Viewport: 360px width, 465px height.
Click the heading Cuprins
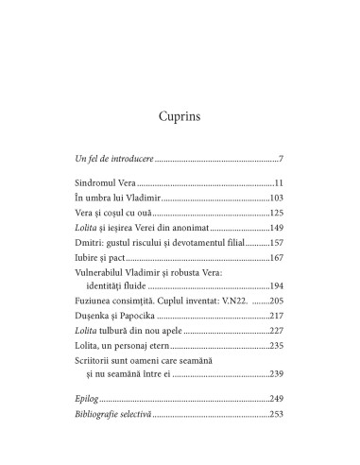coord(180,118)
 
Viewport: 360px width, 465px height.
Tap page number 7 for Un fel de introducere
coord(282,156)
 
